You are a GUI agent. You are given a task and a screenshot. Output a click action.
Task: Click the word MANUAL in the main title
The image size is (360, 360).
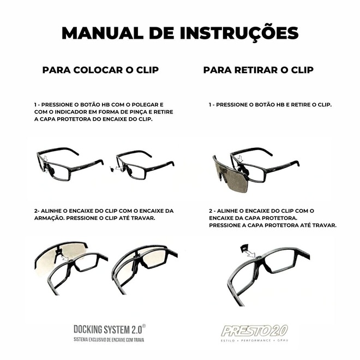point(103,33)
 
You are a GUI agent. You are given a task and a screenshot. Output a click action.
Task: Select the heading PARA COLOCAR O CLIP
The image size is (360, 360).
point(100,70)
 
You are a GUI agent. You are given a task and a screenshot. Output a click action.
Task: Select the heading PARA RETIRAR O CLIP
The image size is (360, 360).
point(259,70)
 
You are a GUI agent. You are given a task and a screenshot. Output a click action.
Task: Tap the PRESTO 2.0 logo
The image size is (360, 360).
point(254,331)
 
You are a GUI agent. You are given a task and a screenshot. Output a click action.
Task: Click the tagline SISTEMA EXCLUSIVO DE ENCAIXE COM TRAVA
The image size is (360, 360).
point(109,340)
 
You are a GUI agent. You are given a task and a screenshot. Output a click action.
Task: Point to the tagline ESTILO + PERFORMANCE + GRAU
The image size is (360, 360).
point(254,340)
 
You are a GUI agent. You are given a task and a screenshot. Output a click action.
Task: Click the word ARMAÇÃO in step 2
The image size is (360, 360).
point(49,218)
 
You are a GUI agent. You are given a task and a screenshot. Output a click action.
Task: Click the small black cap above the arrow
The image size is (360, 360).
point(244,247)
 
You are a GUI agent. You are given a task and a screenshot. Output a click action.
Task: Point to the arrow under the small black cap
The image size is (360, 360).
point(250,254)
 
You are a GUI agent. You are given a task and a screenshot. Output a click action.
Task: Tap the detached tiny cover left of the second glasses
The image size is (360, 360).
point(112,169)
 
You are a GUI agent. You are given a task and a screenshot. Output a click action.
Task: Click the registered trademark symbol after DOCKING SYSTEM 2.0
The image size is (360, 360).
point(143,326)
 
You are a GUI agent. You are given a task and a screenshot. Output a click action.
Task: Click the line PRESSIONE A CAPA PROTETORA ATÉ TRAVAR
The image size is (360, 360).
point(273,225)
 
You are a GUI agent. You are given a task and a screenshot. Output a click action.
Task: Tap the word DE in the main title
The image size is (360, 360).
point(161,33)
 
